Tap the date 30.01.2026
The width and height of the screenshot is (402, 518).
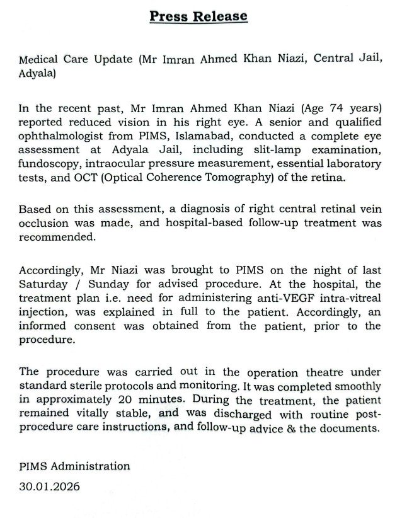pyautogui.click(x=50, y=487)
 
